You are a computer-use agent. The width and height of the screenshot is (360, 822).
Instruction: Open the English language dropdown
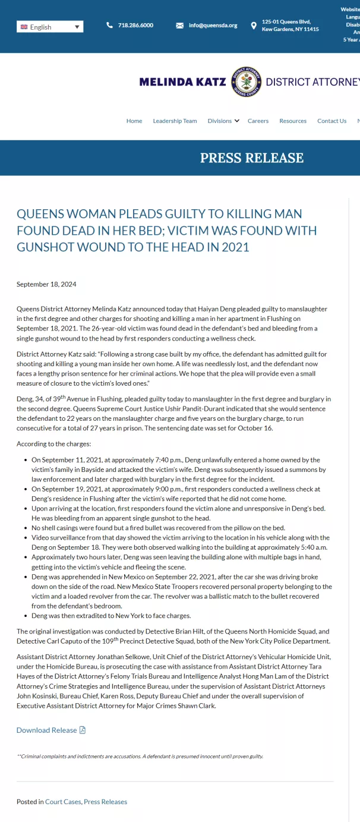pos(50,27)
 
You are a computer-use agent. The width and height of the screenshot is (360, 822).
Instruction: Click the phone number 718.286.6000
pos(135,26)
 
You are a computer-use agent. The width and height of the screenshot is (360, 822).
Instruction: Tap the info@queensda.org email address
pos(213,26)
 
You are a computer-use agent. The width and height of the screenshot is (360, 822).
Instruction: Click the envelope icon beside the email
pos(180,26)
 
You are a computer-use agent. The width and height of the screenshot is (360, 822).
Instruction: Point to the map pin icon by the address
pos(254,26)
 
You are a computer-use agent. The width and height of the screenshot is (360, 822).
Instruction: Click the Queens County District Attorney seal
pos(246,82)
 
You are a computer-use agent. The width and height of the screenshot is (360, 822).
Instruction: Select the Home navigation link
pos(134,121)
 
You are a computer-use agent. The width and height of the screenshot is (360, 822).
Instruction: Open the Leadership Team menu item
pos(175,121)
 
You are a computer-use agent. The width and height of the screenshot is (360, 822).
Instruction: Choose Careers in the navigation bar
pos(258,121)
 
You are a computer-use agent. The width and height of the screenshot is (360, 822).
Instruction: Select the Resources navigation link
pos(293,121)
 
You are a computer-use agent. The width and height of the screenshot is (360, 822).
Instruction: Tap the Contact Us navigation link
pos(331,121)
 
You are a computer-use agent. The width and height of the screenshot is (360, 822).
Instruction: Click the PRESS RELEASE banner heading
pos(251,158)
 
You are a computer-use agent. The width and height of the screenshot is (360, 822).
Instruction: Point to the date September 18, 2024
pos(46,284)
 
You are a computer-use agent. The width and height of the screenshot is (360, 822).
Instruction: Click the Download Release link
pos(47,730)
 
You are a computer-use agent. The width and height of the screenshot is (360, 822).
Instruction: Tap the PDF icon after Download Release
pos(83,730)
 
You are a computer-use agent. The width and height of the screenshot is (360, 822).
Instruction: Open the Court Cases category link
pos(63,802)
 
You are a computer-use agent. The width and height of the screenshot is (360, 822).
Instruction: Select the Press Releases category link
pos(105,802)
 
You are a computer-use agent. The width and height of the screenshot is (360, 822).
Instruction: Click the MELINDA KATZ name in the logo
pos(182,82)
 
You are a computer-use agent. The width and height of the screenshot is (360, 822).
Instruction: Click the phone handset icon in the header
pos(109,26)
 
